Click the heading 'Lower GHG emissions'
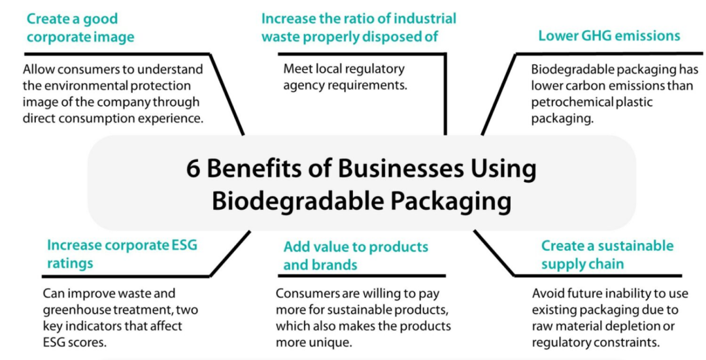click(609, 35)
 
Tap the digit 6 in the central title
click(193, 169)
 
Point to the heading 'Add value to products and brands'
click(355, 255)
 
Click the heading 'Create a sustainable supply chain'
click(607, 255)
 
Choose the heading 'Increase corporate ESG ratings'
click(122, 254)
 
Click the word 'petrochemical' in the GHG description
click(573, 102)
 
